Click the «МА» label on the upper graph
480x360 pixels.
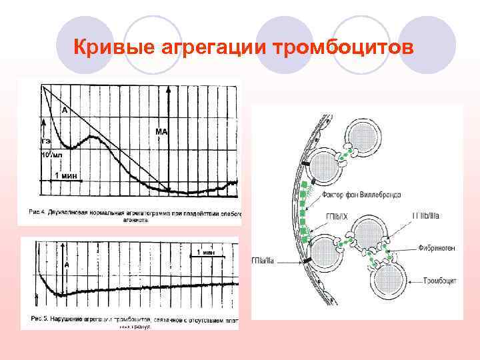point(161,132)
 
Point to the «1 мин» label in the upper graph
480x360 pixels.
point(66,175)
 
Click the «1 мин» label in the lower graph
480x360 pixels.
point(205,253)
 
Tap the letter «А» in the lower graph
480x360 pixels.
point(67,265)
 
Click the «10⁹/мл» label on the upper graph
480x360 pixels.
point(53,155)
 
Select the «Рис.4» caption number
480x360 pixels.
point(37,213)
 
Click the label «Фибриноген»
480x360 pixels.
point(438,247)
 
